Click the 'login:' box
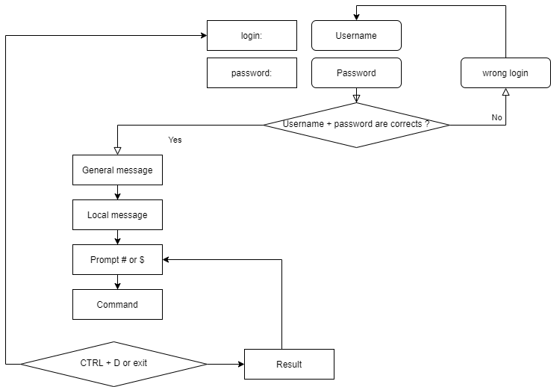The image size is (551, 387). point(252,35)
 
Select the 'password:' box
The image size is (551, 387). point(252,73)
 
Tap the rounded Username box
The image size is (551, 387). point(356,35)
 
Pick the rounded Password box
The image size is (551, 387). point(356,73)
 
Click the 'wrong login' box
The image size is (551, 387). point(505,73)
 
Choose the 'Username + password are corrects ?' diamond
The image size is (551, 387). point(356,125)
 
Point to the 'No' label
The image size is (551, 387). point(496,117)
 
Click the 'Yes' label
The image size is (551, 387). point(175,140)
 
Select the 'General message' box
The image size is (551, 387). point(117,170)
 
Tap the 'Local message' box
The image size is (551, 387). point(117,215)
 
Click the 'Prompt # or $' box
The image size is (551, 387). point(117,260)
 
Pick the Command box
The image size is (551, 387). point(117,305)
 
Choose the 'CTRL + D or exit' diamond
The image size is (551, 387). point(113,364)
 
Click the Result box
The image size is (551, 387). point(289,364)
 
